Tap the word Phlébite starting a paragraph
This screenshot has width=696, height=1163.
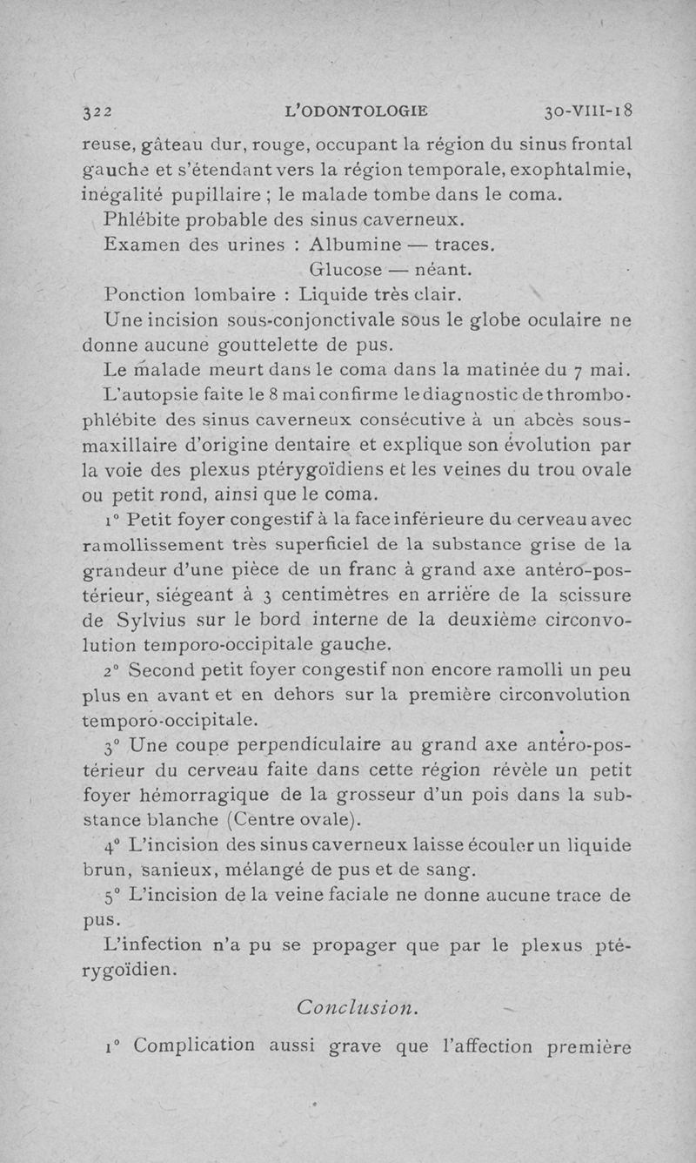143,217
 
